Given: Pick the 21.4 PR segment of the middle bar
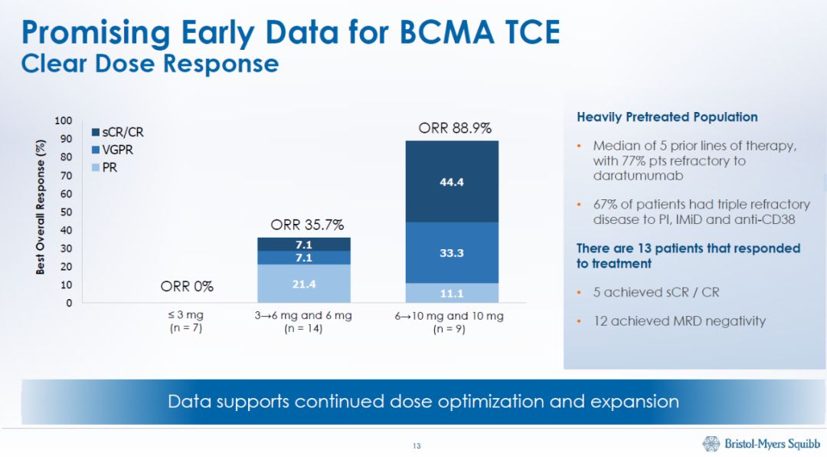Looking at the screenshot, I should pyautogui.click(x=304, y=284).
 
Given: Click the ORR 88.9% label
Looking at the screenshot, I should pyautogui.click(x=455, y=129).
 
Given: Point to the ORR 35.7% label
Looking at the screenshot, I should pyautogui.click(x=307, y=225).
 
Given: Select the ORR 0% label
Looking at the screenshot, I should pyautogui.click(x=187, y=287).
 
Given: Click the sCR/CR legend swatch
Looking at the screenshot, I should pyautogui.click(x=96, y=133).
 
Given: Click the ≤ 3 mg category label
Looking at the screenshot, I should pyautogui.click(x=186, y=316).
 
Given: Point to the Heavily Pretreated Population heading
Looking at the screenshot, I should pyautogui.click(x=667, y=117).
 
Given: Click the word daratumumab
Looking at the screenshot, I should pyautogui.click(x=630, y=176).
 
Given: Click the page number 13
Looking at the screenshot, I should pyautogui.click(x=417, y=446).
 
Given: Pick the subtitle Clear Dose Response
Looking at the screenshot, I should pyautogui.click(x=150, y=63).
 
